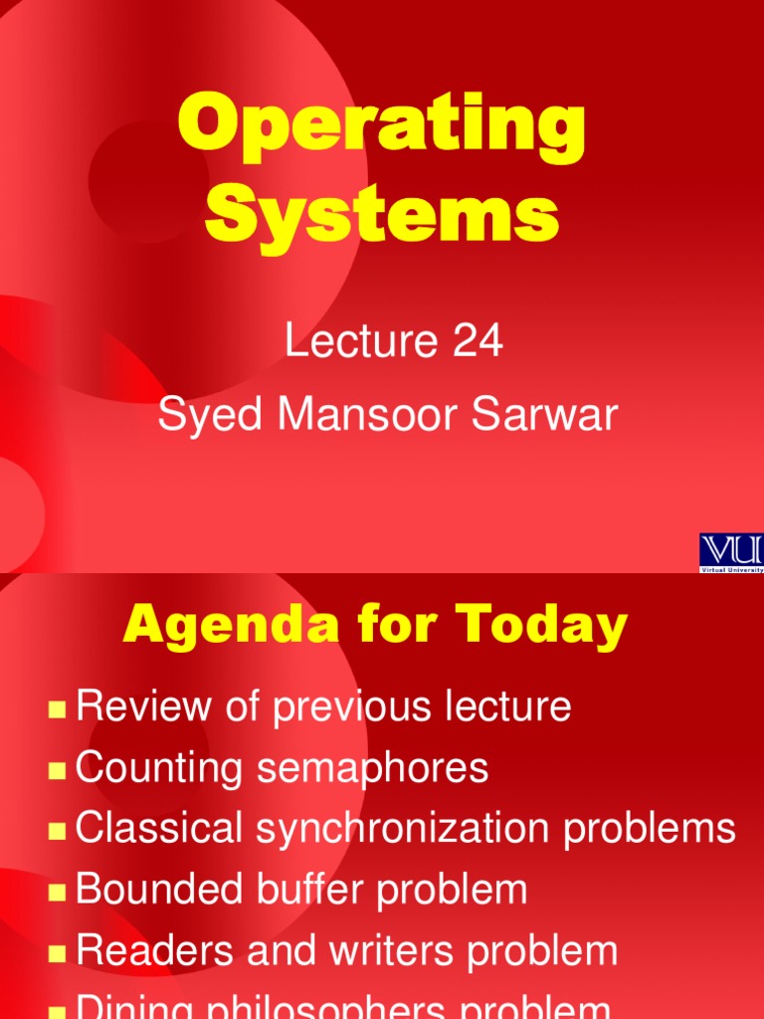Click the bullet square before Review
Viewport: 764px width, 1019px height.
pos(58,710)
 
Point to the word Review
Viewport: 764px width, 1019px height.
pos(137,708)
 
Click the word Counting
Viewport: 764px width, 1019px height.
pos(158,769)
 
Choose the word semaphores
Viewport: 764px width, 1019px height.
pos(371,769)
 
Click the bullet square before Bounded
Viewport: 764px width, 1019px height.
pos(58,892)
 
